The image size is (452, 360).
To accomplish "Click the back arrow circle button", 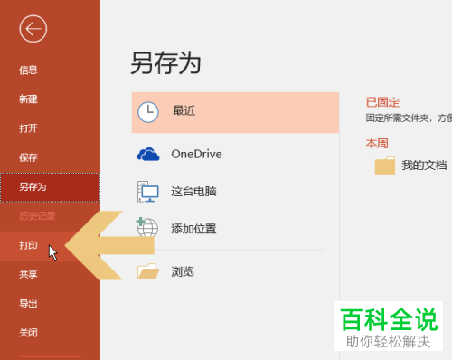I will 33,29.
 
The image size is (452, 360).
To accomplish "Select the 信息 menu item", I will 28,70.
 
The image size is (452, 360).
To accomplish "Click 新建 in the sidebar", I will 28,99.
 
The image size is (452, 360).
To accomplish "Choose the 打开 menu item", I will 28,128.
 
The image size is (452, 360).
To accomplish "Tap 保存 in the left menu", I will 28,157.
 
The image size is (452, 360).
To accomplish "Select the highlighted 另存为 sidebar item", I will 33,186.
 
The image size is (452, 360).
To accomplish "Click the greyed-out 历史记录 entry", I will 37,215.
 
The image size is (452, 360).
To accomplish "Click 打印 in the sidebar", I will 28,245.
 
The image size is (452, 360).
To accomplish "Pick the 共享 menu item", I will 28,274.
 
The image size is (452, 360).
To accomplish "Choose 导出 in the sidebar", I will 28,303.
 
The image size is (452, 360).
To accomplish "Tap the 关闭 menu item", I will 28,332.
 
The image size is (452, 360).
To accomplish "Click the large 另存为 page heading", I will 165,62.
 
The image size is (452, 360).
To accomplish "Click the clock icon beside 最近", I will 147,111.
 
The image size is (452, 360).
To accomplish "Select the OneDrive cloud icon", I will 147,154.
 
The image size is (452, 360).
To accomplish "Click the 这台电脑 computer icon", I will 147,192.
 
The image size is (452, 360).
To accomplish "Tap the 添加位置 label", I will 193,229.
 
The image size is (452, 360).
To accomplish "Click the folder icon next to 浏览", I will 147,271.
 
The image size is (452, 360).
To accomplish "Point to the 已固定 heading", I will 382,102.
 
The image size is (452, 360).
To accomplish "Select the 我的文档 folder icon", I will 385,166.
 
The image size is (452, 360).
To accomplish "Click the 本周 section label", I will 377,143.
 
